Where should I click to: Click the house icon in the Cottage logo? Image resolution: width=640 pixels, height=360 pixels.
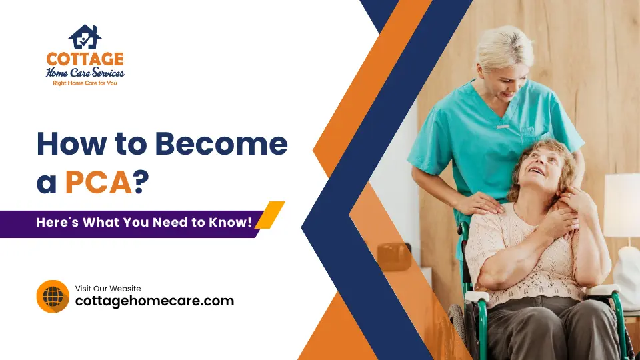click(x=85, y=37)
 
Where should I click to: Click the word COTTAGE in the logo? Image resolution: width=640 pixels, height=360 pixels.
click(x=84, y=59)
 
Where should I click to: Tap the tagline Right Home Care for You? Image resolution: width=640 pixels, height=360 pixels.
click(x=84, y=83)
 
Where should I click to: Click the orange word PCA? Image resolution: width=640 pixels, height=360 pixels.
click(x=99, y=182)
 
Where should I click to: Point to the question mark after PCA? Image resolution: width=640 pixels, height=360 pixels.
click(x=141, y=182)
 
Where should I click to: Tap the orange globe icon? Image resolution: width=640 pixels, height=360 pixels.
click(x=53, y=296)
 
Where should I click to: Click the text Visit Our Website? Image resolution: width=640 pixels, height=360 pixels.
click(x=108, y=289)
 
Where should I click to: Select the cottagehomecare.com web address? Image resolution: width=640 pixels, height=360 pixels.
click(x=154, y=301)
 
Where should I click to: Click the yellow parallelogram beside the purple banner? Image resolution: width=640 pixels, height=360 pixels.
click(x=270, y=215)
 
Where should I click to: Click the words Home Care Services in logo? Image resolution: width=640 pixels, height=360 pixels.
click(x=85, y=73)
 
